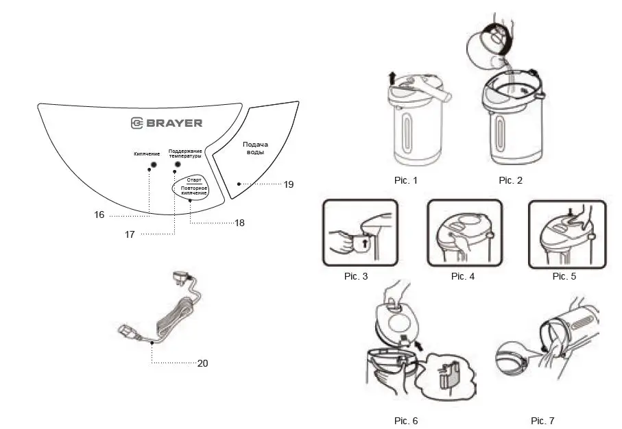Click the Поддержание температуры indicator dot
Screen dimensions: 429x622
(x=178, y=165)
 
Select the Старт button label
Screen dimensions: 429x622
(x=193, y=180)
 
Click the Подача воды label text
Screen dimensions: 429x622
(x=255, y=148)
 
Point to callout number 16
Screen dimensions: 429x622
(x=99, y=214)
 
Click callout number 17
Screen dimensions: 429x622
(x=130, y=234)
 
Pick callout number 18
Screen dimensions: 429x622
(x=239, y=223)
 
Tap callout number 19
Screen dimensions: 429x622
(x=288, y=184)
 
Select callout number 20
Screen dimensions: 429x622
(x=202, y=363)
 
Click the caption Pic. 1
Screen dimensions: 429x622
(x=405, y=180)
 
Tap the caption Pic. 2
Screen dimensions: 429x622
(x=510, y=180)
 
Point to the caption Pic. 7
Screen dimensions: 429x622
(x=542, y=420)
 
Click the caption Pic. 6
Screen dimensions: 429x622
(x=405, y=420)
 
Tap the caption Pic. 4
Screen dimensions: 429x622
(x=462, y=276)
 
